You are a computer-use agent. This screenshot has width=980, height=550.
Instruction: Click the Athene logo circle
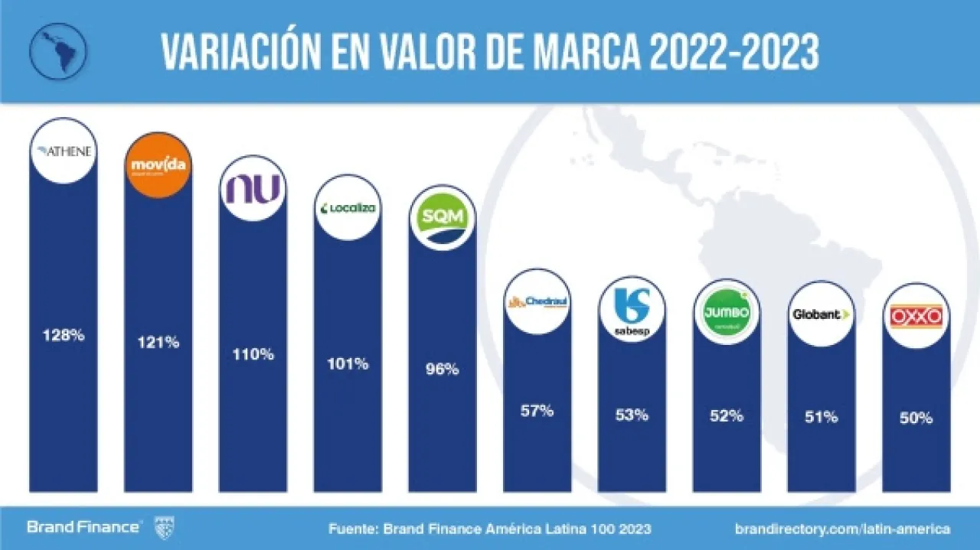[63, 151]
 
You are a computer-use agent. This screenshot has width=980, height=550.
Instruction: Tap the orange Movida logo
[158, 165]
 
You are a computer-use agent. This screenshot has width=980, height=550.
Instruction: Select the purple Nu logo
[253, 188]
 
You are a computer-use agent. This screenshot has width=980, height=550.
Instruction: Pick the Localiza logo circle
[348, 207]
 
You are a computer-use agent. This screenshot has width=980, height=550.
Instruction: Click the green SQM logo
[443, 218]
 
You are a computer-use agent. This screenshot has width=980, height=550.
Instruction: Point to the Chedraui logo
[537, 301]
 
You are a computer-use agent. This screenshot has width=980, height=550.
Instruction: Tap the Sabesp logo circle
[632, 311]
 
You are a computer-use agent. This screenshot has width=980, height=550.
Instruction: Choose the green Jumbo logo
[727, 312]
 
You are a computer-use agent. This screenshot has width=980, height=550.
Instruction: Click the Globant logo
[822, 314]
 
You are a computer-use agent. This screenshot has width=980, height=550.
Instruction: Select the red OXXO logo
[916, 316]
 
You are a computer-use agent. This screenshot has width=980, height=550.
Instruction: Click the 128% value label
[64, 334]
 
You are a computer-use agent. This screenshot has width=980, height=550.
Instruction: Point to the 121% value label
[158, 342]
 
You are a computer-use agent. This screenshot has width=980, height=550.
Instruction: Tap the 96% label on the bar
[443, 369]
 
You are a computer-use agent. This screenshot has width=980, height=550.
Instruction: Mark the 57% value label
[537, 411]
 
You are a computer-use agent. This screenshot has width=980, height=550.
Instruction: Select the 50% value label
[916, 418]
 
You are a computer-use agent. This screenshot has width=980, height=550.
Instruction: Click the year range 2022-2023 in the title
[733, 53]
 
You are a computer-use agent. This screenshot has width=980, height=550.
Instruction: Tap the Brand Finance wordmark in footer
[83, 527]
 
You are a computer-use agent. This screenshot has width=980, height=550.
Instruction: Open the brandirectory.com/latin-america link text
[842, 528]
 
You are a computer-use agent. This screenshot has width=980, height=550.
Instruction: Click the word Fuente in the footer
[354, 528]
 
